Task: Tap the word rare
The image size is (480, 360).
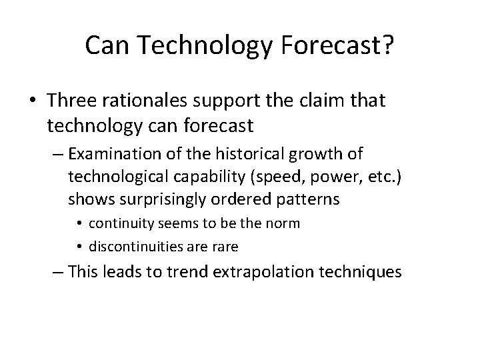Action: click(225, 246)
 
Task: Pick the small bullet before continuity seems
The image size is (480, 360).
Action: click(79, 223)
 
